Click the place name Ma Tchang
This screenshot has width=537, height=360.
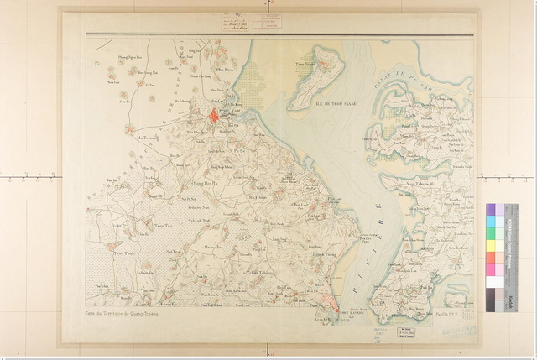tap(148, 136)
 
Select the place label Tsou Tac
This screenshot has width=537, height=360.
tap(163, 226)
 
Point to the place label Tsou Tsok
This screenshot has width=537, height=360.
tap(123, 253)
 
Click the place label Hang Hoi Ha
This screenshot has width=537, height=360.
tap(206, 182)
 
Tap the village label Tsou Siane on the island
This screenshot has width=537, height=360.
tap(305, 63)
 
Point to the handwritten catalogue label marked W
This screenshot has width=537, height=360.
tap(237, 22)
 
